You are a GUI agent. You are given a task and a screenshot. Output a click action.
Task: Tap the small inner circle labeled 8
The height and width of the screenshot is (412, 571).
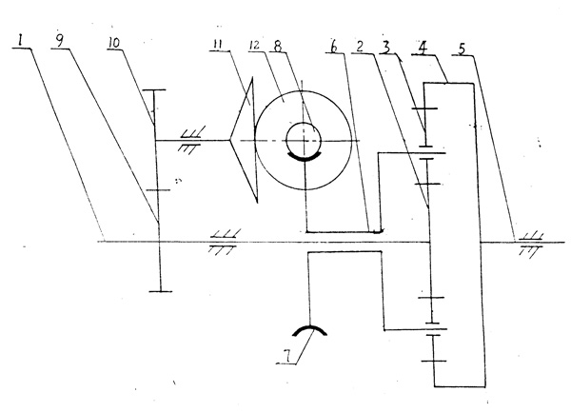coord(303,139)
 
